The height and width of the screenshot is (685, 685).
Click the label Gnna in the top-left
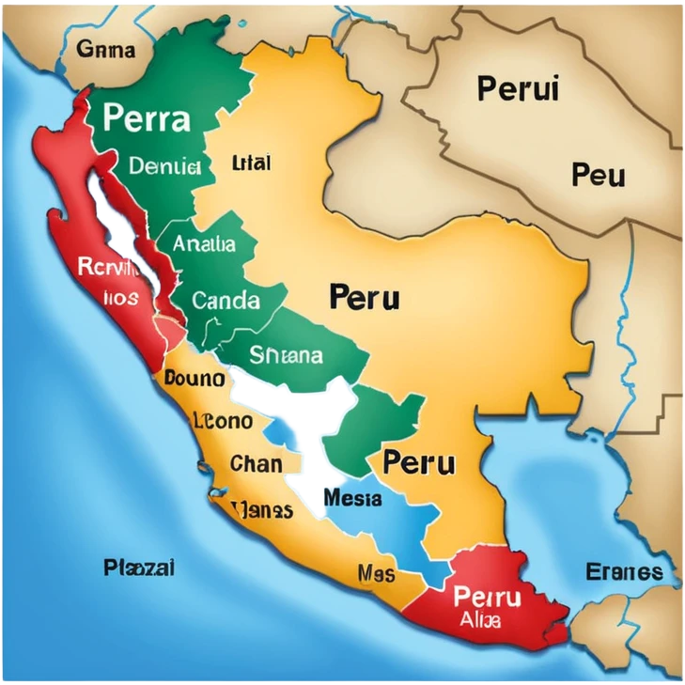(105, 50)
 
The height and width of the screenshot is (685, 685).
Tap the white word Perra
(146, 118)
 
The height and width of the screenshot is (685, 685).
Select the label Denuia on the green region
(164, 166)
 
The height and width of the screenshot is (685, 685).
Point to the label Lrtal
(251, 163)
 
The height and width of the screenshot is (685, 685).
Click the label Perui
(518, 89)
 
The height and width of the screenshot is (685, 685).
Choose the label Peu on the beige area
(598, 174)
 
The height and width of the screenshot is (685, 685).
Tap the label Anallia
(204, 243)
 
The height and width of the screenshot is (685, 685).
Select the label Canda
(226, 301)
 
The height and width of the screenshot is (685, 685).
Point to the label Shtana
(286, 355)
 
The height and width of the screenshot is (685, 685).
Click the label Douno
(194, 378)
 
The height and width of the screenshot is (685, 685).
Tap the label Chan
(256, 463)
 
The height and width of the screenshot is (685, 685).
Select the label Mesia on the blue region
(351, 497)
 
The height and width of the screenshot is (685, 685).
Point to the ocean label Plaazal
(139, 568)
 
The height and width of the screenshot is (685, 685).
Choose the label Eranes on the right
(623, 571)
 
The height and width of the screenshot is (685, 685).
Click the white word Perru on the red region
(486, 596)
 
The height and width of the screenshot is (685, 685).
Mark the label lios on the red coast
(121, 298)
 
